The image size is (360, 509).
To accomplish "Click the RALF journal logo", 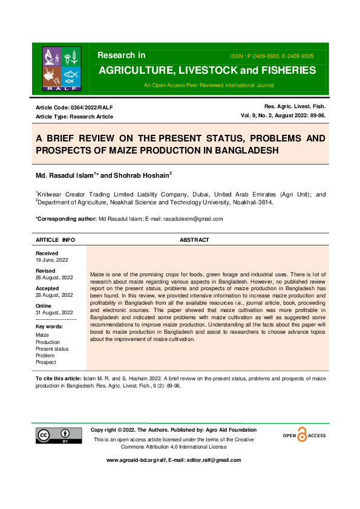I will click(x=61, y=67).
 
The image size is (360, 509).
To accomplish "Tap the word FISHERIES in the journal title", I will click(x=284, y=70).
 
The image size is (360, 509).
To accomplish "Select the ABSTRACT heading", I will click(x=194, y=240).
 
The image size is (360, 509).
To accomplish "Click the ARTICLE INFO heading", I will click(x=56, y=240).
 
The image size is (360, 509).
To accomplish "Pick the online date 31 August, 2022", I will click(x=54, y=312).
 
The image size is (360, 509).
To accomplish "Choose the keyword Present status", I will click(x=52, y=349).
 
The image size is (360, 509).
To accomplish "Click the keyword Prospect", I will click(x=46, y=362).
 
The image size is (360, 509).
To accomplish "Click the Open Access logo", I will click(x=304, y=435).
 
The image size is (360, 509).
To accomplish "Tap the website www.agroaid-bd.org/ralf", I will click(x=137, y=460).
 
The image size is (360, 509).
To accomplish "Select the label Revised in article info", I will click(x=45, y=271).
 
